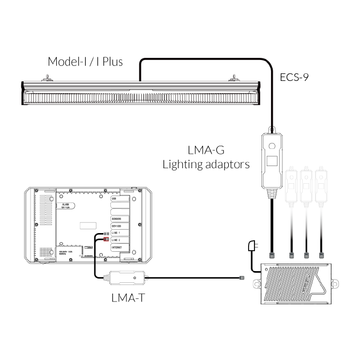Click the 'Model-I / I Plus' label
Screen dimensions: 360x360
[85, 62]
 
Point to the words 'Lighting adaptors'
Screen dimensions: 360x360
[206, 164]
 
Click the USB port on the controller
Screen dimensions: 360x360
[117, 199]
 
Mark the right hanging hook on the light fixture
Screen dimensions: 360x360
[234, 79]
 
